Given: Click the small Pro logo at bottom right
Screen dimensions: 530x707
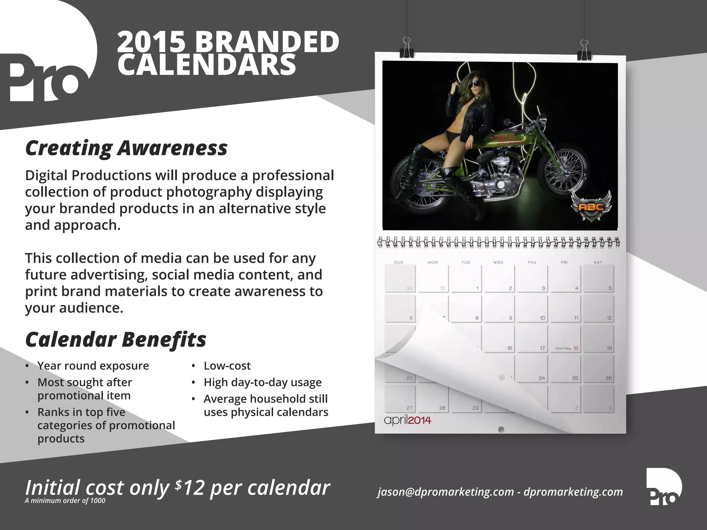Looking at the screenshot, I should click(x=664, y=487).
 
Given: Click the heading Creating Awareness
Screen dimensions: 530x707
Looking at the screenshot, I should click(x=126, y=148).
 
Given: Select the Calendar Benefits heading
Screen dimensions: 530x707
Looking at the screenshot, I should click(x=116, y=340).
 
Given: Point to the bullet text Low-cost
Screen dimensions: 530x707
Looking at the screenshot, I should click(x=227, y=366).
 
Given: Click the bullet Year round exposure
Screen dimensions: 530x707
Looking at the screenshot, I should click(x=93, y=366).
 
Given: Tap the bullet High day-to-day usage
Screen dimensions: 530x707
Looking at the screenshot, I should click(x=262, y=382).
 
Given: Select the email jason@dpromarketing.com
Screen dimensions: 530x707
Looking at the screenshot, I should click(x=446, y=492).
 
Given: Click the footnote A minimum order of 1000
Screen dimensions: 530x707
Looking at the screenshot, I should click(x=65, y=501).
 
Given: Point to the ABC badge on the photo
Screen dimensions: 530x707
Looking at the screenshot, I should click(x=591, y=207).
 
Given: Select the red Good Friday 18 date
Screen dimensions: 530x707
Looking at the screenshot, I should click(x=575, y=348).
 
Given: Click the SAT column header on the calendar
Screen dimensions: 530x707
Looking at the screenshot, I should click(x=598, y=263).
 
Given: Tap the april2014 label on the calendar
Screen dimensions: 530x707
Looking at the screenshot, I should click(x=407, y=420).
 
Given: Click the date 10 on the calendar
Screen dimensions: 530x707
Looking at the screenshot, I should click(x=542, y=318).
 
